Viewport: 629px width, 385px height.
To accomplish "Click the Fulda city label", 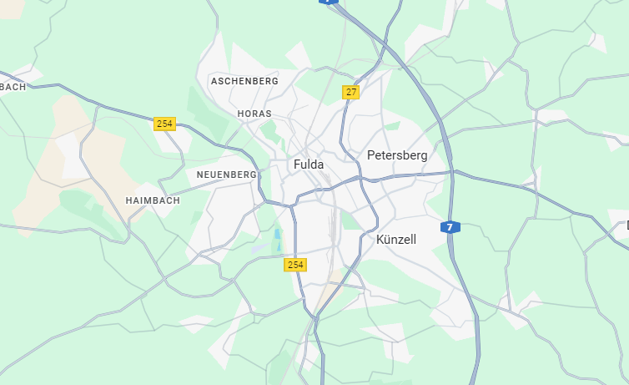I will pyautogui.click(x=308, y=165).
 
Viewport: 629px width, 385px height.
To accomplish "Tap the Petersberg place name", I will pyautogui.click(x=396, y=155).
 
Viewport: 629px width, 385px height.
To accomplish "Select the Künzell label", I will pyautogui.click(x=395, y=240).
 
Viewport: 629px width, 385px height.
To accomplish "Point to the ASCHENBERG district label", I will pyautogui.click(x=244, y=81).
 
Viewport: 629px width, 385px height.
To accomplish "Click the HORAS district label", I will pyautogui.click(x=254, y=114).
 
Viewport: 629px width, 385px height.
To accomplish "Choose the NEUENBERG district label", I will pyautogui.click(x=226, y=175).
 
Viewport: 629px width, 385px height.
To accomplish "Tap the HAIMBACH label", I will pyautogui.click(x=153, y=201).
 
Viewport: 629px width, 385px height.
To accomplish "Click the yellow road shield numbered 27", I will pyautogui.click(x=350, y=92).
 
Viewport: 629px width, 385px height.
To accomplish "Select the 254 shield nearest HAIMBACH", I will pyautogui.click(x=164, y=124).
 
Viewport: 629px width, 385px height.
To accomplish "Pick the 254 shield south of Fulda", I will pyautogui.click(x=294, y=265).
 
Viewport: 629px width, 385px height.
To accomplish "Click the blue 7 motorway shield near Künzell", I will pyautogui.click(x=450, y=227).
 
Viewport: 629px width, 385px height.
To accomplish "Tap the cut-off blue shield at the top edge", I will pyautogui.click(x=330, y=3).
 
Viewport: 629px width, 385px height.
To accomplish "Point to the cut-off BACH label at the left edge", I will pyautogui.click(x=13, y=87).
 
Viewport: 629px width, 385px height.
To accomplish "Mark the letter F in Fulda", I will pyautogui.click(x=297, y=165).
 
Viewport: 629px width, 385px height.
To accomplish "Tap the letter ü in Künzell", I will pyautogui.click(x=390, y=240).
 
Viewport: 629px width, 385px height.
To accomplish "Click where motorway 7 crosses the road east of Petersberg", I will pyautogui.click(x=453, y=173).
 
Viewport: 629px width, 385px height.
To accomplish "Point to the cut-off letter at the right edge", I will pyautogui.click(x=626, y=225).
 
